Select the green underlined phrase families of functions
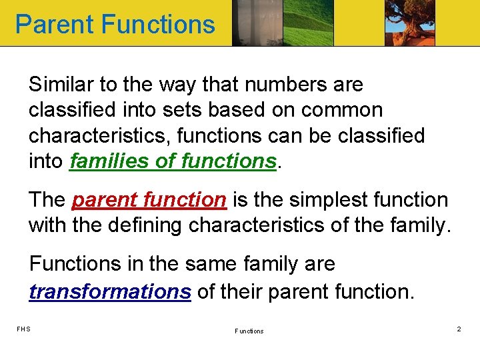tap(173, 161)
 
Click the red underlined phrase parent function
tap(149, 199)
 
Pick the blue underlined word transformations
tap(110, 291)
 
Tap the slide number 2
tap(459, 329)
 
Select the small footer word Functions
tap(249, 331)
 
